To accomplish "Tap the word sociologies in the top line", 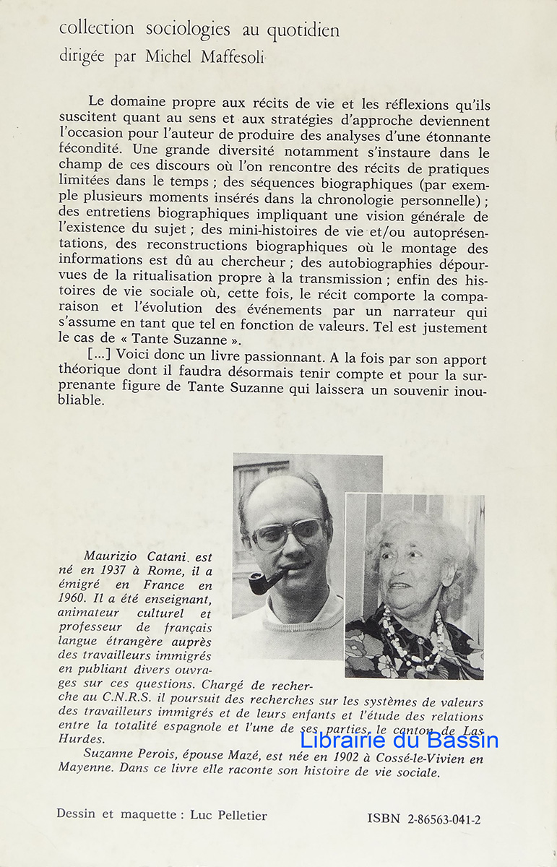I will pos(188,30).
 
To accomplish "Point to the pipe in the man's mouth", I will pos(263,582).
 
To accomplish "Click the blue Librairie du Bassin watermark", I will pos(399,740).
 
